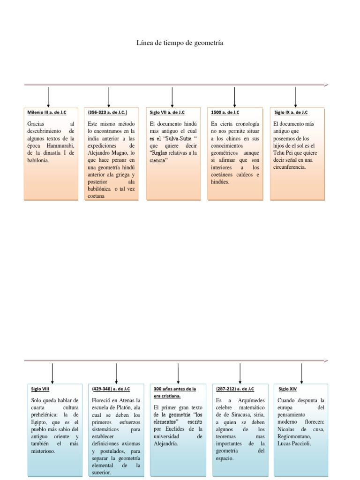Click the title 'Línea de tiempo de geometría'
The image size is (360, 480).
click(180, 43)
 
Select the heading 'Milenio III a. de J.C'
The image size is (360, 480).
click(47, 112)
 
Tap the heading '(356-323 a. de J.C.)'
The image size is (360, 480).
click(107, 112)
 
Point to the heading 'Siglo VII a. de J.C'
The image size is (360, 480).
click(167, 112)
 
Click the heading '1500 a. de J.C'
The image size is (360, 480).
click(225, 112)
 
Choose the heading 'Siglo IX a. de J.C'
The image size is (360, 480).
click(291, 112)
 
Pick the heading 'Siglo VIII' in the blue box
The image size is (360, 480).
click(40, 389)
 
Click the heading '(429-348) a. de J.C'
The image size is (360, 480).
click(111, 389)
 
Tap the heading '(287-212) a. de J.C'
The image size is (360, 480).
click(235, 389)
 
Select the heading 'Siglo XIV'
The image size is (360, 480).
click(287, 389)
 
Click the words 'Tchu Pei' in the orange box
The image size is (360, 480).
click(284, 153)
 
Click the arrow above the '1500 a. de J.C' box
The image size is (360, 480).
click(234, 97)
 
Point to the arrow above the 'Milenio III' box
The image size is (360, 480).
click(48, 97)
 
